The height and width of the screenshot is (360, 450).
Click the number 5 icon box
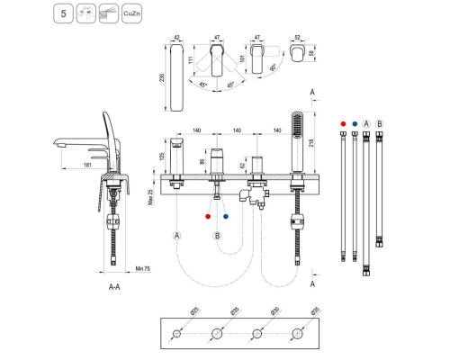click(62, 15)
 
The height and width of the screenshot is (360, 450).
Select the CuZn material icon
click(131, 15)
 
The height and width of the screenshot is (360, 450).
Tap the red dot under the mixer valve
click(208, 218)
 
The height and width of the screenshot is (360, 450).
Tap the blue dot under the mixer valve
click(225, 218)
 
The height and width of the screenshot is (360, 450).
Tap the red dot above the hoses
click(344, 122)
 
